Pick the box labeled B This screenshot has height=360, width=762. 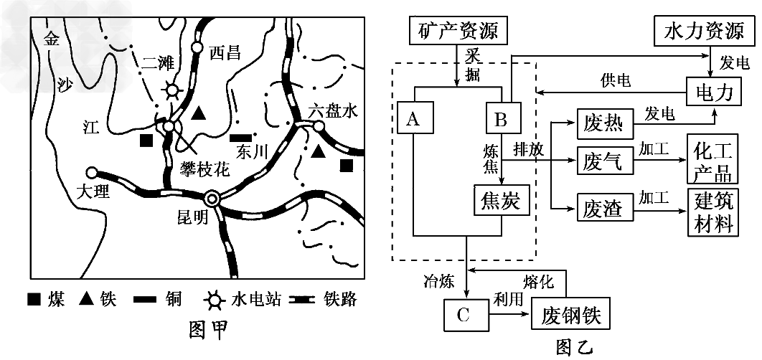500,118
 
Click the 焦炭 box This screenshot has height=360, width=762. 502,202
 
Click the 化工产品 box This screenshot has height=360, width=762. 712,161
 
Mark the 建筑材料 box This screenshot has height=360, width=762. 712,210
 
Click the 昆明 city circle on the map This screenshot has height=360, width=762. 212,199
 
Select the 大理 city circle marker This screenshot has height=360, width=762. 91,173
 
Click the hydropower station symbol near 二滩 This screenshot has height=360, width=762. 171,90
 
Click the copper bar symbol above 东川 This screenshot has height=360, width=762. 240,136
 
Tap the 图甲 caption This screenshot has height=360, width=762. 207,330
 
